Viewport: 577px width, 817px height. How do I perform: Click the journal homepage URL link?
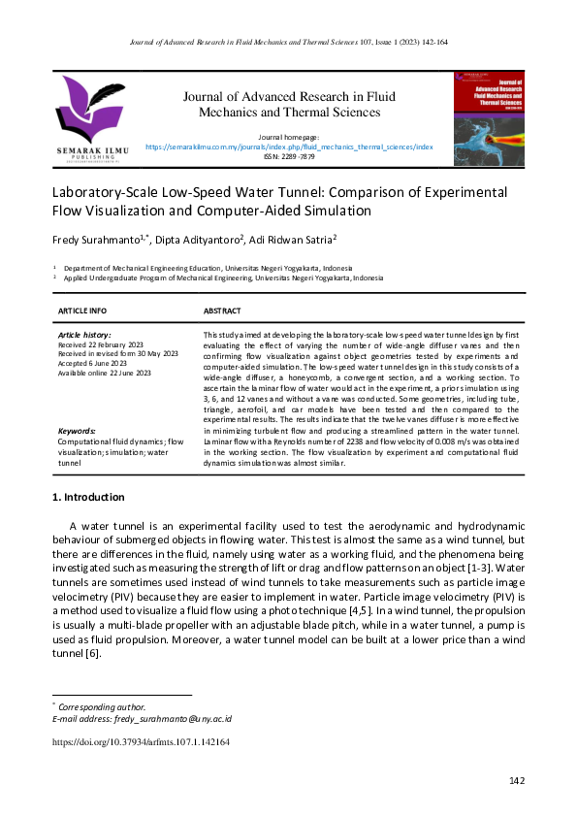tap(289, 147)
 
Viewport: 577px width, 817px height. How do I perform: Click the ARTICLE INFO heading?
tap(83, 310)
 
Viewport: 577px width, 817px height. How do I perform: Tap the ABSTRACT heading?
tap(221, 310)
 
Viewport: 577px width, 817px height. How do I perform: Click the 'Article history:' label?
tap(84, 334)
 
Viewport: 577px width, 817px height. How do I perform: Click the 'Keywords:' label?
tap(77, 430)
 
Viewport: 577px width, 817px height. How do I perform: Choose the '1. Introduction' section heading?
tap(87, 498)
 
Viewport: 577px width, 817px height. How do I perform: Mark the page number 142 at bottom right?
tap(516, 781)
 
